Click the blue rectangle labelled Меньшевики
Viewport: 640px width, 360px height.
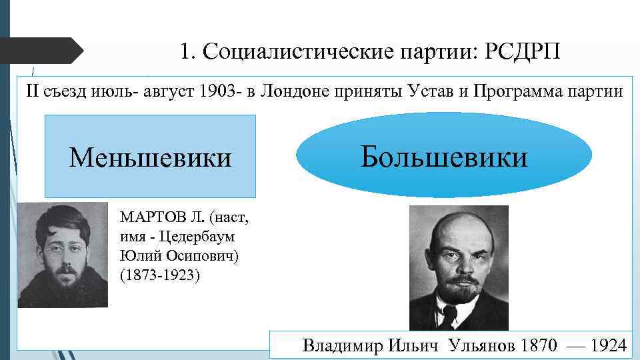[x=150, y=157]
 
